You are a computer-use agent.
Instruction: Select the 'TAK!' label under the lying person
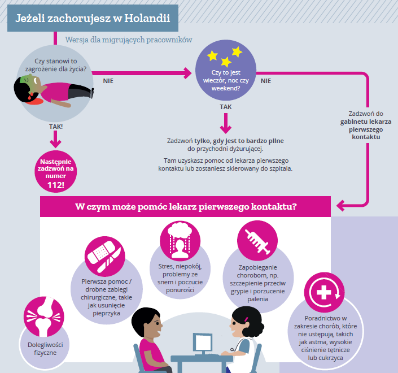(55, 127)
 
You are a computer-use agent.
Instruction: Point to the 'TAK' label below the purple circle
(226, 106)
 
